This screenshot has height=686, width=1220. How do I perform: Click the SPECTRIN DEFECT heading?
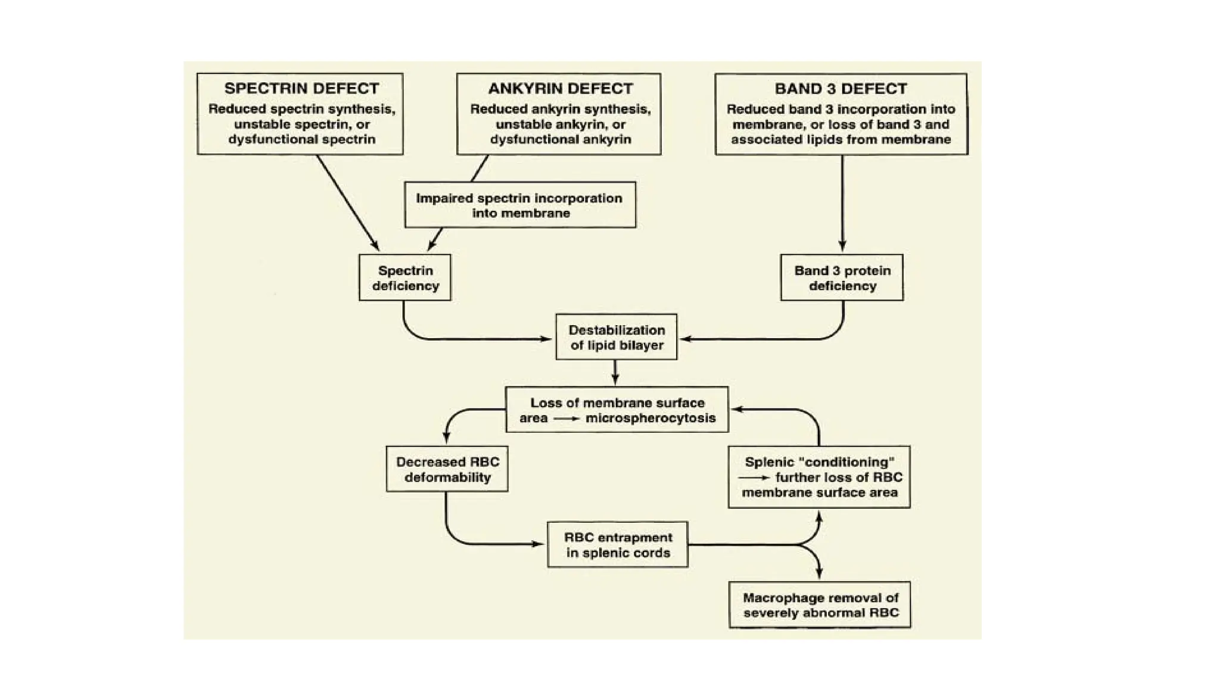(x=301, y=89)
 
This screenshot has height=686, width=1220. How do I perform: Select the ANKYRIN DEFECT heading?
(x=560, y=89)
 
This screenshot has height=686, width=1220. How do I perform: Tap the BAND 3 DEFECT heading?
(x=841, y=89)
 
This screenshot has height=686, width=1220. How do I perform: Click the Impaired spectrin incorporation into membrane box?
(x=519, y=205)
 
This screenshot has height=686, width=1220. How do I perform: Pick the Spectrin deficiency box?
(x=405, y=278)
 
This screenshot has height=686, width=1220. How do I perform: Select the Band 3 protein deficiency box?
(x=842, y=278)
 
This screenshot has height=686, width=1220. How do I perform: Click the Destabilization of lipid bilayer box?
(x=616, y=337)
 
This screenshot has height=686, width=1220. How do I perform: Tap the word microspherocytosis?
(x=651, y=418)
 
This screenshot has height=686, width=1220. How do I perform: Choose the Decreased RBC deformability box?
(x=447, y=469)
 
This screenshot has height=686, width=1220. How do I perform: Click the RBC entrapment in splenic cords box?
(x=618, y=545)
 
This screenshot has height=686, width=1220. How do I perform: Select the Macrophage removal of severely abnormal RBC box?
(x=820, y=605)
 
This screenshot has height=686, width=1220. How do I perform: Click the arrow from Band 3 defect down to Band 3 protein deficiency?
(x=842, y=202)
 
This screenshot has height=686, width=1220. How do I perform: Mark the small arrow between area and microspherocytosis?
(x=566, y=419)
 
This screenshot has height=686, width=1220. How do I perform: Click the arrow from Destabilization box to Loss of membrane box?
(x=615, y=373)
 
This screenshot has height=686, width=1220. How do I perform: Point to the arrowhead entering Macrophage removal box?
(x=820, y=573)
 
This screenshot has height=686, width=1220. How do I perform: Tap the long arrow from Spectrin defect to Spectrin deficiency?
(x=347, y=202)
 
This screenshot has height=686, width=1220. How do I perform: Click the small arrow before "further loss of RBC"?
(x=754, y=478)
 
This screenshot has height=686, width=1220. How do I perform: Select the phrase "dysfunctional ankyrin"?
(x=560, y=139)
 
